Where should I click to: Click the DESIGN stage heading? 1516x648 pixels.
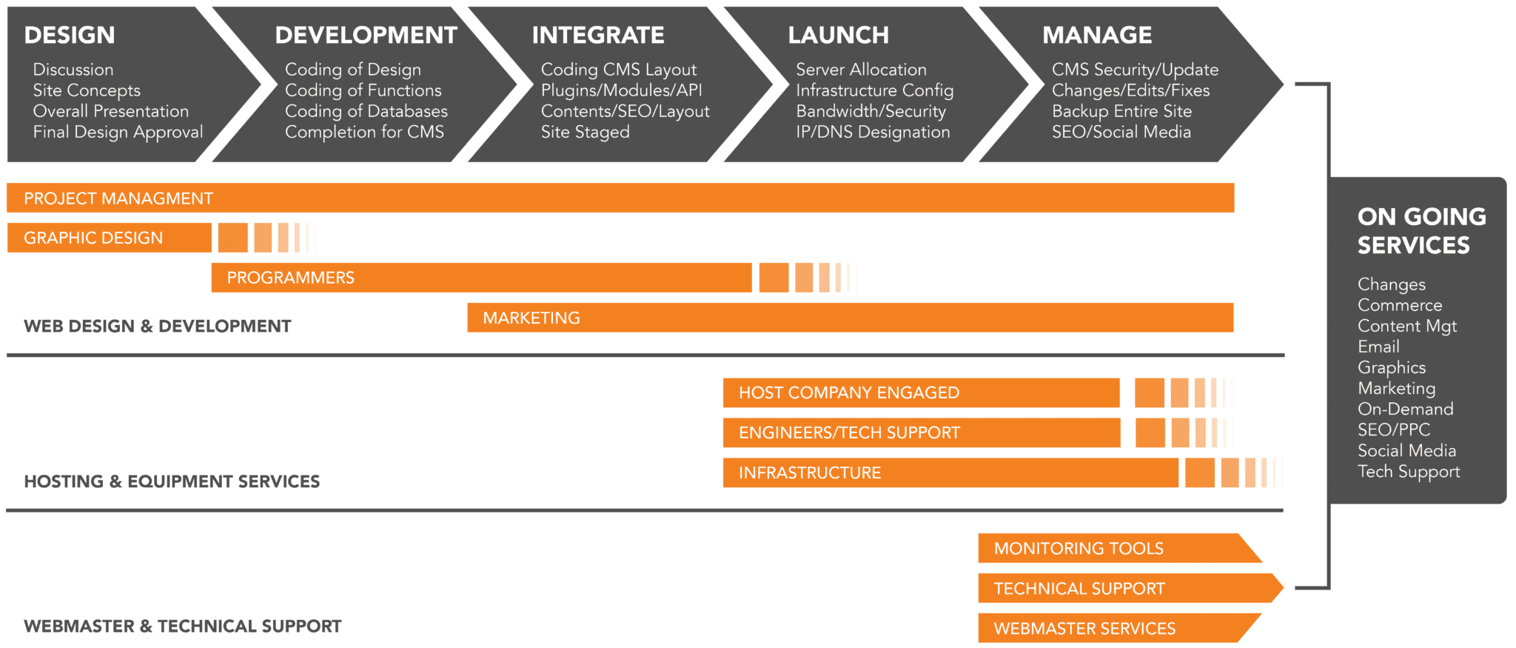click(70, 35)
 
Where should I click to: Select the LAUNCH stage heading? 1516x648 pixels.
click(838, 35)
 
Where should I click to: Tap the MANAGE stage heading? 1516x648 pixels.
click(1097, 35)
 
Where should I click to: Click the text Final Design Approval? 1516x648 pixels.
click(118, 132)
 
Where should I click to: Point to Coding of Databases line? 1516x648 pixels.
click(366, 111)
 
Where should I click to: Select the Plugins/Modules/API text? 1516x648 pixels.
click(621, 90)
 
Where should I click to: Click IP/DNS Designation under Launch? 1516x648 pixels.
click(873, 132)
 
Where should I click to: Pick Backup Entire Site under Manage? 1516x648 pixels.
click(1121, 111)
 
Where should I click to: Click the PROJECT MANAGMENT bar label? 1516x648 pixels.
click(118, 198)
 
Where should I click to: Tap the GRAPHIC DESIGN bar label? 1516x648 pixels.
click(93, 238)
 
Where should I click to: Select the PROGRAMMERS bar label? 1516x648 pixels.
click(290, 278)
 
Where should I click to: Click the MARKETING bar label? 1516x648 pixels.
click(531, 318)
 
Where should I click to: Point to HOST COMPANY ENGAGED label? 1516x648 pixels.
click(848, 393)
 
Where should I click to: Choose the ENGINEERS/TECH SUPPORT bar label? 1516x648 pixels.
click(848, 432)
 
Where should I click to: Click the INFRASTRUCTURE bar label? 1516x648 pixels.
click(809, 472)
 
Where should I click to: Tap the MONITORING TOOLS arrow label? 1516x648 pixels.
click(1078, 549)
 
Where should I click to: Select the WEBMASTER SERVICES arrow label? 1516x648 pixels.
click(1084, 629)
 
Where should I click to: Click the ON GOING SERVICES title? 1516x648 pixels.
click(1421, 230)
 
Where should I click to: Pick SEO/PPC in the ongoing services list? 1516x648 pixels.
click(1393, 430)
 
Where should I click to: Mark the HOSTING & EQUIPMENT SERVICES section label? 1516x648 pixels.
click(172, 481)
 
